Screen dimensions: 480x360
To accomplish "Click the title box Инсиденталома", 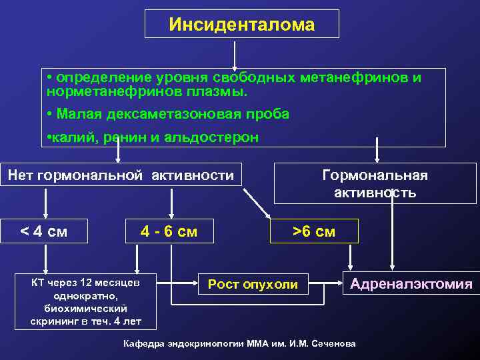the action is click(x=241, y=25).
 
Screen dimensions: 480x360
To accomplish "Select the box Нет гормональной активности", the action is click(x=121, y=175).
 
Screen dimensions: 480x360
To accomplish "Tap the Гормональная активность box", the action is click(x=375, y=184).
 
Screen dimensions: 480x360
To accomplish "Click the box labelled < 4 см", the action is click(x=45, y=231).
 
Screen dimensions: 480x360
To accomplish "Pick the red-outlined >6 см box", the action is click(x=314, y=231).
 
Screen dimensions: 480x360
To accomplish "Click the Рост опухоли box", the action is click(x=253, y=285).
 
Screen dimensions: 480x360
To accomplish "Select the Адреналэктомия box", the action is click(x=411, y=285).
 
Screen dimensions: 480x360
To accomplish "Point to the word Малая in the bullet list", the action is click(x=76, y=114).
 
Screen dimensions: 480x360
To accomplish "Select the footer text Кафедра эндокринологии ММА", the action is click(x=240, y=343).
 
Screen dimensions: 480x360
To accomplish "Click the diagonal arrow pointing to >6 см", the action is click(x=257, y=203).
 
